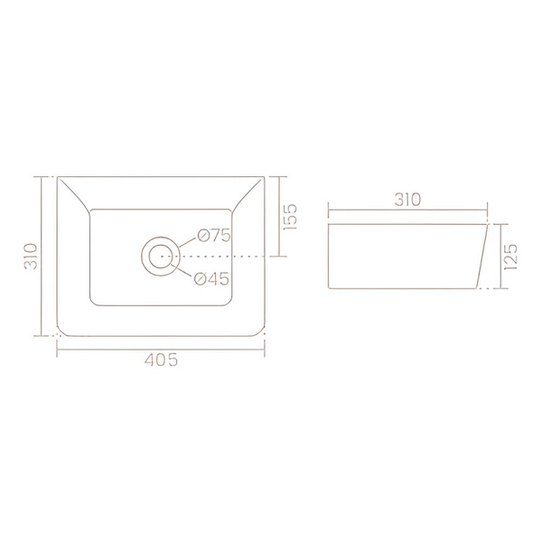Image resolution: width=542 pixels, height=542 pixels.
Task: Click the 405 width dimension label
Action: point(161,360)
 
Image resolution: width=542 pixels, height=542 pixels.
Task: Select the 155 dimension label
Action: point(290,217)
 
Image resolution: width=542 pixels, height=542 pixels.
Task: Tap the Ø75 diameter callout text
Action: point(214,236)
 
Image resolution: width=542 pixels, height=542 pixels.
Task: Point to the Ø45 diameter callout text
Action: point(211,278)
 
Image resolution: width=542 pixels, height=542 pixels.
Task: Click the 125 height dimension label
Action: point(511,257)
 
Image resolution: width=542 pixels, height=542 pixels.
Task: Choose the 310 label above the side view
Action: point(407,200)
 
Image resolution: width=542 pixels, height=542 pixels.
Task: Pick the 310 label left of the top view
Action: point(31,257)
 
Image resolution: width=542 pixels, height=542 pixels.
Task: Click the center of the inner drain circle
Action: point(160,257)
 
